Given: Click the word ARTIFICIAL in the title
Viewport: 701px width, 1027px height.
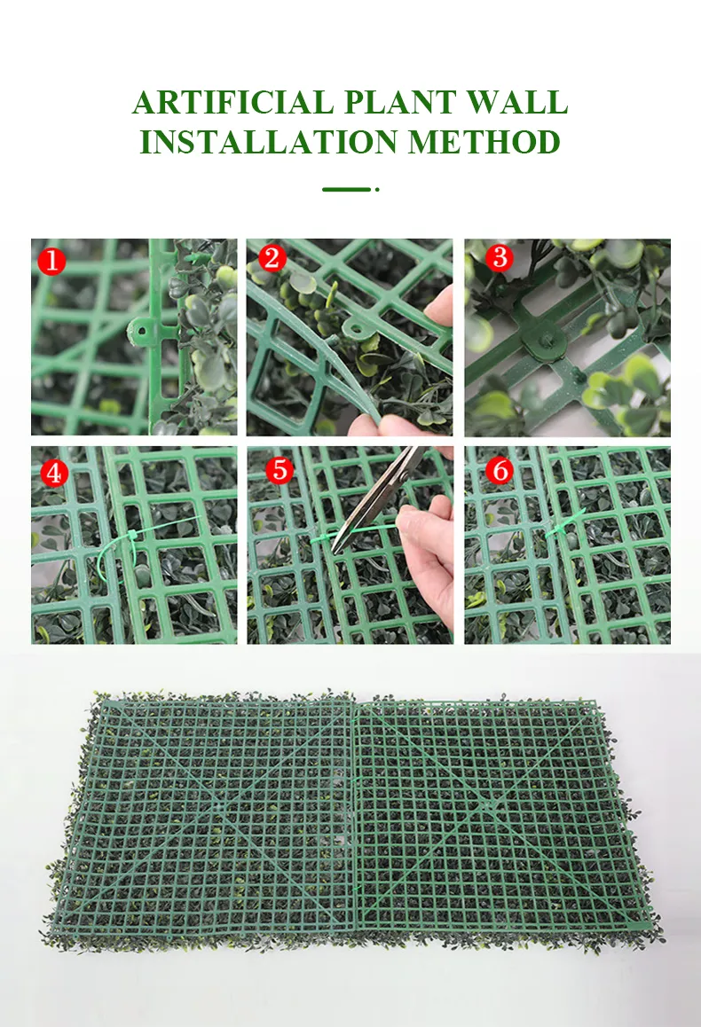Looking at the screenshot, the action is (232, 102).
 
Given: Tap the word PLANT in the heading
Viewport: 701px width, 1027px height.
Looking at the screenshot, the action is (400, 102).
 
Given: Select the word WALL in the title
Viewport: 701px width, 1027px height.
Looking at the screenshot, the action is (517, 102).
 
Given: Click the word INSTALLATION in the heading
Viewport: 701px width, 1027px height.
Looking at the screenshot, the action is (269, 142).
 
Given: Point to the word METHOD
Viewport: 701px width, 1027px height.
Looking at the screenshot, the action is (484, 142).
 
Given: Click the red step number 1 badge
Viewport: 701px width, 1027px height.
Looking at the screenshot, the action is (51, 262).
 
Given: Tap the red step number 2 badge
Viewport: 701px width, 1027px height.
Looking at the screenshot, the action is (272, 258).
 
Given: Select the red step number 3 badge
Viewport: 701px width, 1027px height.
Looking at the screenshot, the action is (500, 257).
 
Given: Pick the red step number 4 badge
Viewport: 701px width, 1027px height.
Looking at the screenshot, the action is (54, 472).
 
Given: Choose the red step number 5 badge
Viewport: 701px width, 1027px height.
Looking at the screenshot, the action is (280, 470).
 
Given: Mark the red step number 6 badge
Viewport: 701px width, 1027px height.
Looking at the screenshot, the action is (500, 470).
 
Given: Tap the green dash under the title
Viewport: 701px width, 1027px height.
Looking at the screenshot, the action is (347, 189).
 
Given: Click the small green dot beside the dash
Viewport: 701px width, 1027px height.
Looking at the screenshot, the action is (377, 189).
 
